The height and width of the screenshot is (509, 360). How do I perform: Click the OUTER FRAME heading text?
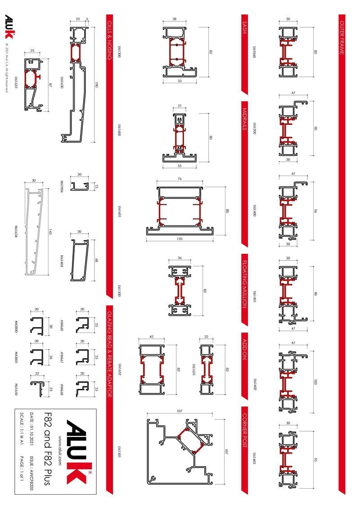coord(342,38)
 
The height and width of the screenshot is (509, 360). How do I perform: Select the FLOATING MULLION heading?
coord(244,284)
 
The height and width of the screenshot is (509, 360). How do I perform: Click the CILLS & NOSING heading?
coord(109,41)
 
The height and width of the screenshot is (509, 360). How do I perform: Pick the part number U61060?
coord(254,53)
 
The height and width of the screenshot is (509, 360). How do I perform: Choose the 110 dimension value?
coord(180,239)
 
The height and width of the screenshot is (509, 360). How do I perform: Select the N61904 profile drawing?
coord(81,184)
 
